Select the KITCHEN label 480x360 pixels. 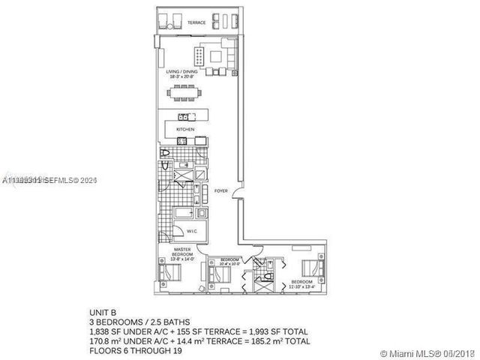pos(185,130)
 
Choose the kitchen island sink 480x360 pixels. pos(182,116)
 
